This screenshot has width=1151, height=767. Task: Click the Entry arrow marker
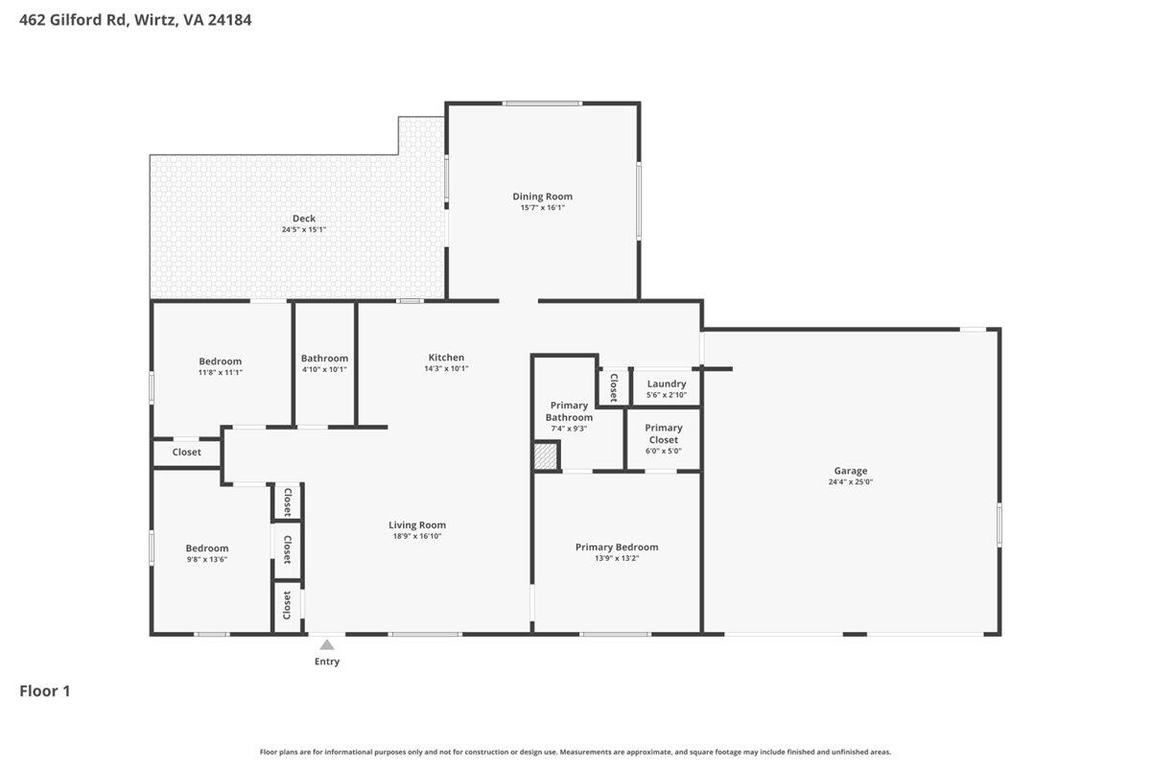coord(327,645)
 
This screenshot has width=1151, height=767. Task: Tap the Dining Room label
coord(542,197)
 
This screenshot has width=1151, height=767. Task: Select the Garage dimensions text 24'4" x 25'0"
coord(851,483)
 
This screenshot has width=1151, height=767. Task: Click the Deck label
coord(304,219)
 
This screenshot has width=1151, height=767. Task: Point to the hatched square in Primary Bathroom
coord(546,456)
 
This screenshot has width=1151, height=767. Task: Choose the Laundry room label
coord(667,383)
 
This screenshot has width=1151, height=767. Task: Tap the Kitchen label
coord(446,358)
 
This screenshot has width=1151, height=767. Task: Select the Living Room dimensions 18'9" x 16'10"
coord(417,536)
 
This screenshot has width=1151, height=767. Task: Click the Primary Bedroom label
coord(617,547)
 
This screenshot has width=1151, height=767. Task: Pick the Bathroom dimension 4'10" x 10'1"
coord(324,369)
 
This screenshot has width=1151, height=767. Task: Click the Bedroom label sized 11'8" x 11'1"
coord(221,361)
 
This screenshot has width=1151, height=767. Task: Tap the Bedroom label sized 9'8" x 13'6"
coord(207,548)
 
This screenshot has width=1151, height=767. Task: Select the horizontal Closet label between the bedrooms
coord(187,453)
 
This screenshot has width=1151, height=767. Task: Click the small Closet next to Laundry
coord(613,386)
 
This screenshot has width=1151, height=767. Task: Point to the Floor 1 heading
coord(45,690)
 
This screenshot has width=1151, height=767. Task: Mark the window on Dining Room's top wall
coord(542,104)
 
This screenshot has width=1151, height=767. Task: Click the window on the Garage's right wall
coord(999,525)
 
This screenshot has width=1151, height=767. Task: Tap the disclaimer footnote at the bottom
coord(575,752)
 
